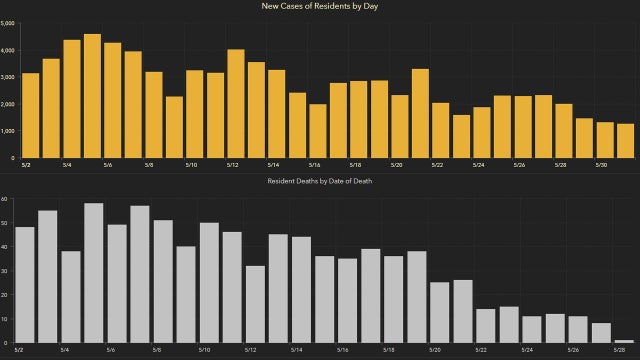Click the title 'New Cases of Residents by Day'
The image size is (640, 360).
pos(320,8)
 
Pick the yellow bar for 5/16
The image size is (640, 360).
pos(317,130)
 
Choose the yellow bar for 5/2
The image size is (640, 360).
pos(30,115)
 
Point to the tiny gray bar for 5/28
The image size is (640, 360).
pos(624,341)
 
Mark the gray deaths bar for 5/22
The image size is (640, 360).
pos(486,326)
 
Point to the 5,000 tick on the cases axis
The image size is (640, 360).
pos(7,23)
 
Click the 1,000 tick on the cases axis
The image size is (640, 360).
pos(7,131)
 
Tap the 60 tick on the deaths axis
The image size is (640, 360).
pos(5,199)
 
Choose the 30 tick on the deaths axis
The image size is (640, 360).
pos(5,271)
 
